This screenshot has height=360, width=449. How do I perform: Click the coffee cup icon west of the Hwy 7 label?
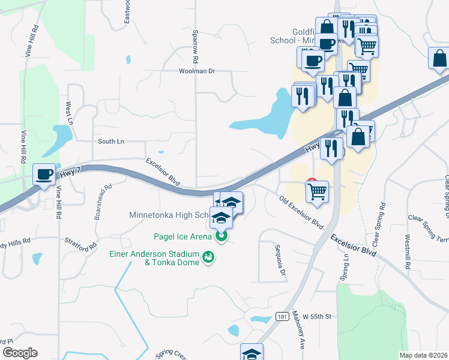pyautogui.click(x=44, y=175)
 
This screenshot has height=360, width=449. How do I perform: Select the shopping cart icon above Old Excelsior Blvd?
pyautogui.click(x=318, y=192)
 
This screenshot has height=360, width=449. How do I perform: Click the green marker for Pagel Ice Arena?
pyautogui.click(x=221, y=237)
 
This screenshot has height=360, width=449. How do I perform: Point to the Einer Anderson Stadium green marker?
pyautogui.click(x=208, y=258)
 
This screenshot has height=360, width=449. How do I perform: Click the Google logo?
pyautogui.click(x=19, y=352)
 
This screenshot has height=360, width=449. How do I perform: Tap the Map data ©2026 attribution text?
pyautogui.click(x=424, y=355)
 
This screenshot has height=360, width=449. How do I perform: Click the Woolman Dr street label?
pyautogui.click(x=196, y=71)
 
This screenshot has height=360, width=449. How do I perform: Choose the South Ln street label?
pyautogui.click(x=111, y=142)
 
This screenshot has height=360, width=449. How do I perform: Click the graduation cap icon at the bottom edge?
pyautogui.click(x=252, y=353)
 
